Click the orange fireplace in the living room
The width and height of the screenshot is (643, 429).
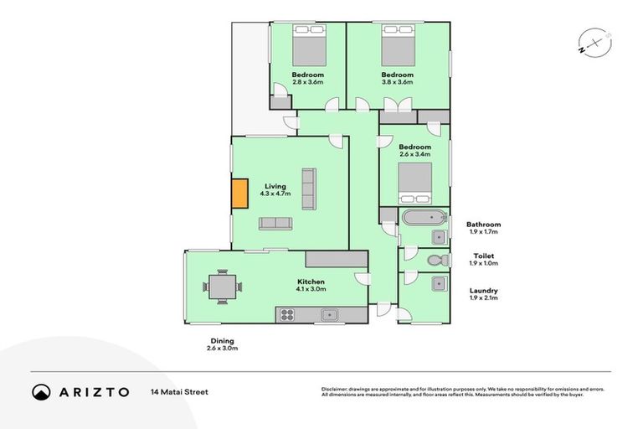(240, 194)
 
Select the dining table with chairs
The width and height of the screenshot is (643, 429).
(222, 287)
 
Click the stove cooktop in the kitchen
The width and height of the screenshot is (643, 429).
(287, 315)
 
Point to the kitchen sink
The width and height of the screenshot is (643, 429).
(330, 315)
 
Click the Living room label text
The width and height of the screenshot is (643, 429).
(275, 186)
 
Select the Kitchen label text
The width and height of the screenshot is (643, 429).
(311, 282)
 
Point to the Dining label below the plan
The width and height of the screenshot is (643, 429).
(222, 340)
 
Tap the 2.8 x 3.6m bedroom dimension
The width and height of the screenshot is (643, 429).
(307, 82)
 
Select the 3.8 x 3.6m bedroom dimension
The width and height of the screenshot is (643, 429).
(398, 82)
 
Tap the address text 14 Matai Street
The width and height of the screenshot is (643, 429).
(179, 391)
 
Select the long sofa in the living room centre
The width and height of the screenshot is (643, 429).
(308, 189)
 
